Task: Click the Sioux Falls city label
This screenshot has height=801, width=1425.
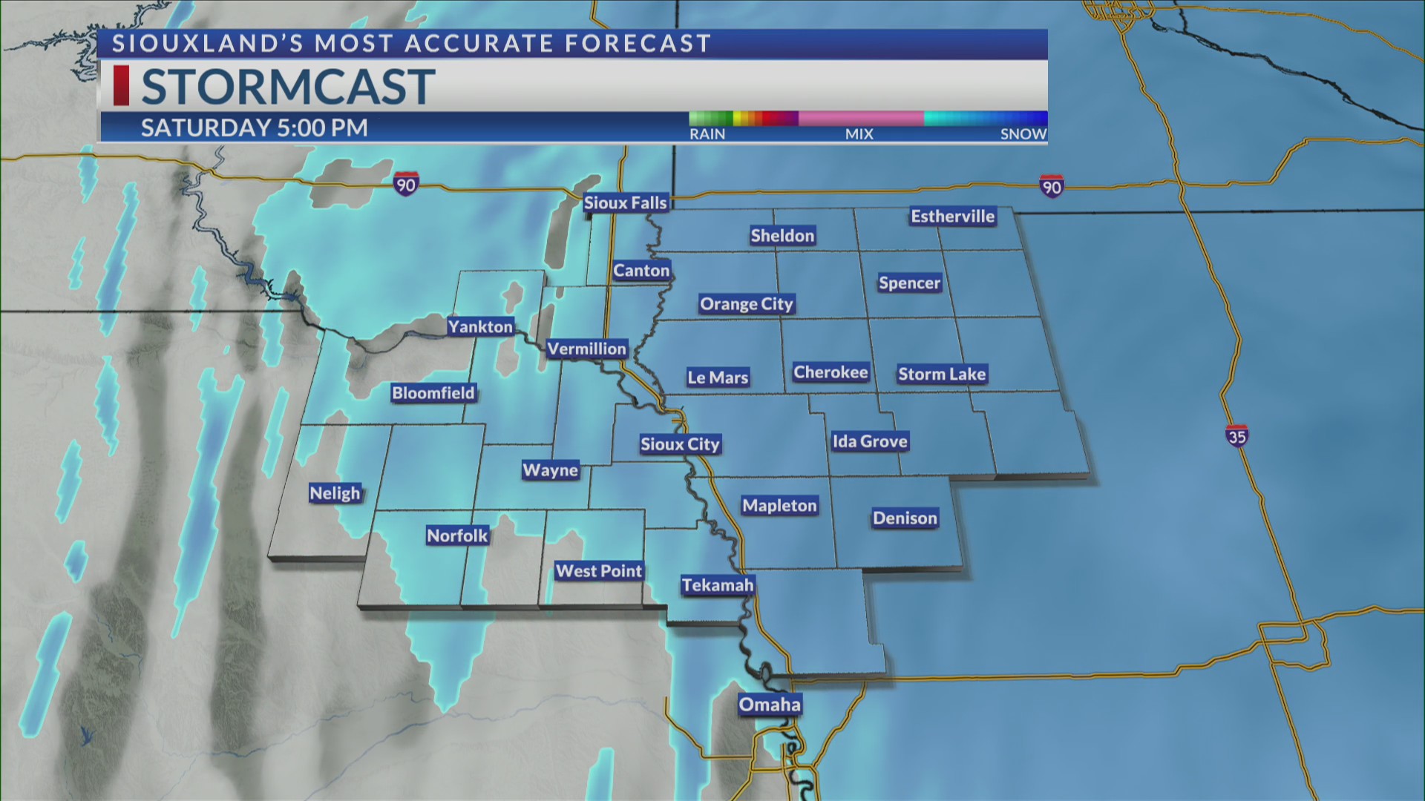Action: click(x=625, y=202)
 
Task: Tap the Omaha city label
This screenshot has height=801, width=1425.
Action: click(x=770, y=705)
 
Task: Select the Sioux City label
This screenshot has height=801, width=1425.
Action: click(x=680, y=444)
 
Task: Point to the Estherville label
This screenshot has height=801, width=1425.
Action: click(x=952, y=217)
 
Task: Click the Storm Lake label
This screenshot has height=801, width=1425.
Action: click(x=942, y=375)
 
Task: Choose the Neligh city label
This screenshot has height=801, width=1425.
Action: click(x=335, y=493)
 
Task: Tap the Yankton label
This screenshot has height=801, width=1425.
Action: click(x=480, y=327)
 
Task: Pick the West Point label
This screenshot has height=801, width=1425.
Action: click(x=599, y=571)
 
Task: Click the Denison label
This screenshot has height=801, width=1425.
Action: click(x=905, y=518)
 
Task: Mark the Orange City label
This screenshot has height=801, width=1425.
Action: click(x=747, y=304)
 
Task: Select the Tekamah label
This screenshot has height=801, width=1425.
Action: click(x=718, y=585)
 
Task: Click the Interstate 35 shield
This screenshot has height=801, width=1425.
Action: click(x=1236, y=436)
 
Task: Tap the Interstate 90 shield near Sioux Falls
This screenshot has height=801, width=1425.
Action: click(x=406, y=184)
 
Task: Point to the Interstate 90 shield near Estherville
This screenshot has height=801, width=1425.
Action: click(x=1052, y=186)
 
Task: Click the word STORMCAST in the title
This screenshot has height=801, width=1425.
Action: click(x=288, y=87)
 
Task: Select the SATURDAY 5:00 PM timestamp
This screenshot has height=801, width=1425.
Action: click(x=255, y=128)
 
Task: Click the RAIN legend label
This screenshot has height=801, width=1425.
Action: click(x=707, y=134)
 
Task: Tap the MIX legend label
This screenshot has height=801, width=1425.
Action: click(x=859, y=134)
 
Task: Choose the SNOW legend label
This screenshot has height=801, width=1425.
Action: click(x=1023, y=134)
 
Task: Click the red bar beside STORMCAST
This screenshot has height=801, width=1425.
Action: click(x=121, y=85)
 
